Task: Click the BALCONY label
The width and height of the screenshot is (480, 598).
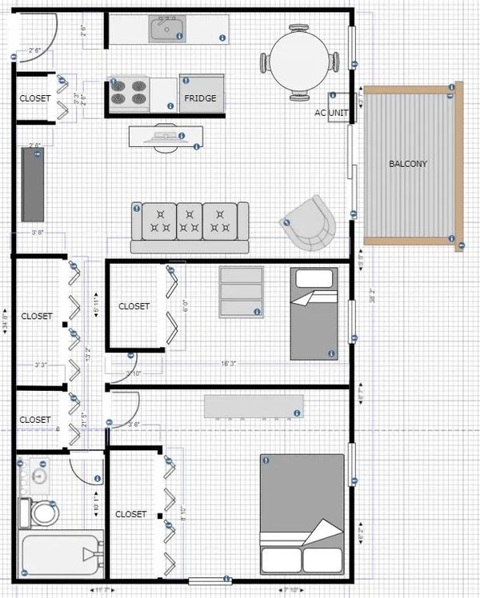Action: pyautogui.click(x=408, y=164)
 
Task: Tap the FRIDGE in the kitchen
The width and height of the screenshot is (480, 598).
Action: pyautogui.click(x=200, y=98)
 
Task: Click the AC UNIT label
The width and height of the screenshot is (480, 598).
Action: pyautogui.click(x=331, y=114)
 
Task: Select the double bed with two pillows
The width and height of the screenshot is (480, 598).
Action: pyautogui.click(x=302, y=513)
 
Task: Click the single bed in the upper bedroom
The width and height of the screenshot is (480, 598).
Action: pyautogui.click(x=314, y=313)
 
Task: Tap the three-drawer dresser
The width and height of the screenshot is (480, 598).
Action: pyautogui.click(x=242, y=293)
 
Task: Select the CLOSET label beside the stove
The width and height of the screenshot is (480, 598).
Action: pyautogui.click(x=35, y=98)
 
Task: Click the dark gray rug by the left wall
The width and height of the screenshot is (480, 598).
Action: pyautogui.click(x=32, y=185)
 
